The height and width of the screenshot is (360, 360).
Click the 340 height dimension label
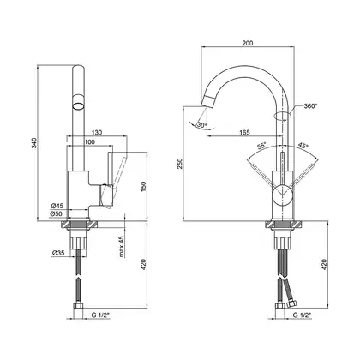point(34,143)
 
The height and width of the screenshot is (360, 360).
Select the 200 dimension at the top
point(248,43)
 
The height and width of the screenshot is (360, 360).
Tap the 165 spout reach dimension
point(244,132)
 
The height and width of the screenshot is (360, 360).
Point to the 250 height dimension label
point(179,164)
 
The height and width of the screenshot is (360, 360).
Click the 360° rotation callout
point(310,106)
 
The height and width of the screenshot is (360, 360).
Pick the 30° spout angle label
point(201,125)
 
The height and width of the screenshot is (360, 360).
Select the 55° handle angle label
point(261,146)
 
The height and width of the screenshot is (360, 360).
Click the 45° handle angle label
point(303,145)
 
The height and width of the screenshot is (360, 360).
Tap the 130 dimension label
point(97,132)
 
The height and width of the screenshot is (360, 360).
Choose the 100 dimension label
point(90,141)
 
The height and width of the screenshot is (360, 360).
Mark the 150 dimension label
point(143,186)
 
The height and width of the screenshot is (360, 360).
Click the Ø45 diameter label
point(57,206)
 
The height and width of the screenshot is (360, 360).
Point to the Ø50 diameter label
point(57,213)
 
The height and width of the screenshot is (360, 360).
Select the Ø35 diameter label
point(58,253)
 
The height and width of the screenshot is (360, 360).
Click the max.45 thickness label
point(122,247)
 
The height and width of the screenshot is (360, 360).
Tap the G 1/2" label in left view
point(100,315)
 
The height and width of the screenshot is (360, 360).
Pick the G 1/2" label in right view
point(302,315)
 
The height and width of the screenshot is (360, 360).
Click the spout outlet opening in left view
point(78,106)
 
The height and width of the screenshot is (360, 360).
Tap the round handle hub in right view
point(282,195)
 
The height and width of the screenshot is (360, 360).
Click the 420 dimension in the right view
point(324,264)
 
